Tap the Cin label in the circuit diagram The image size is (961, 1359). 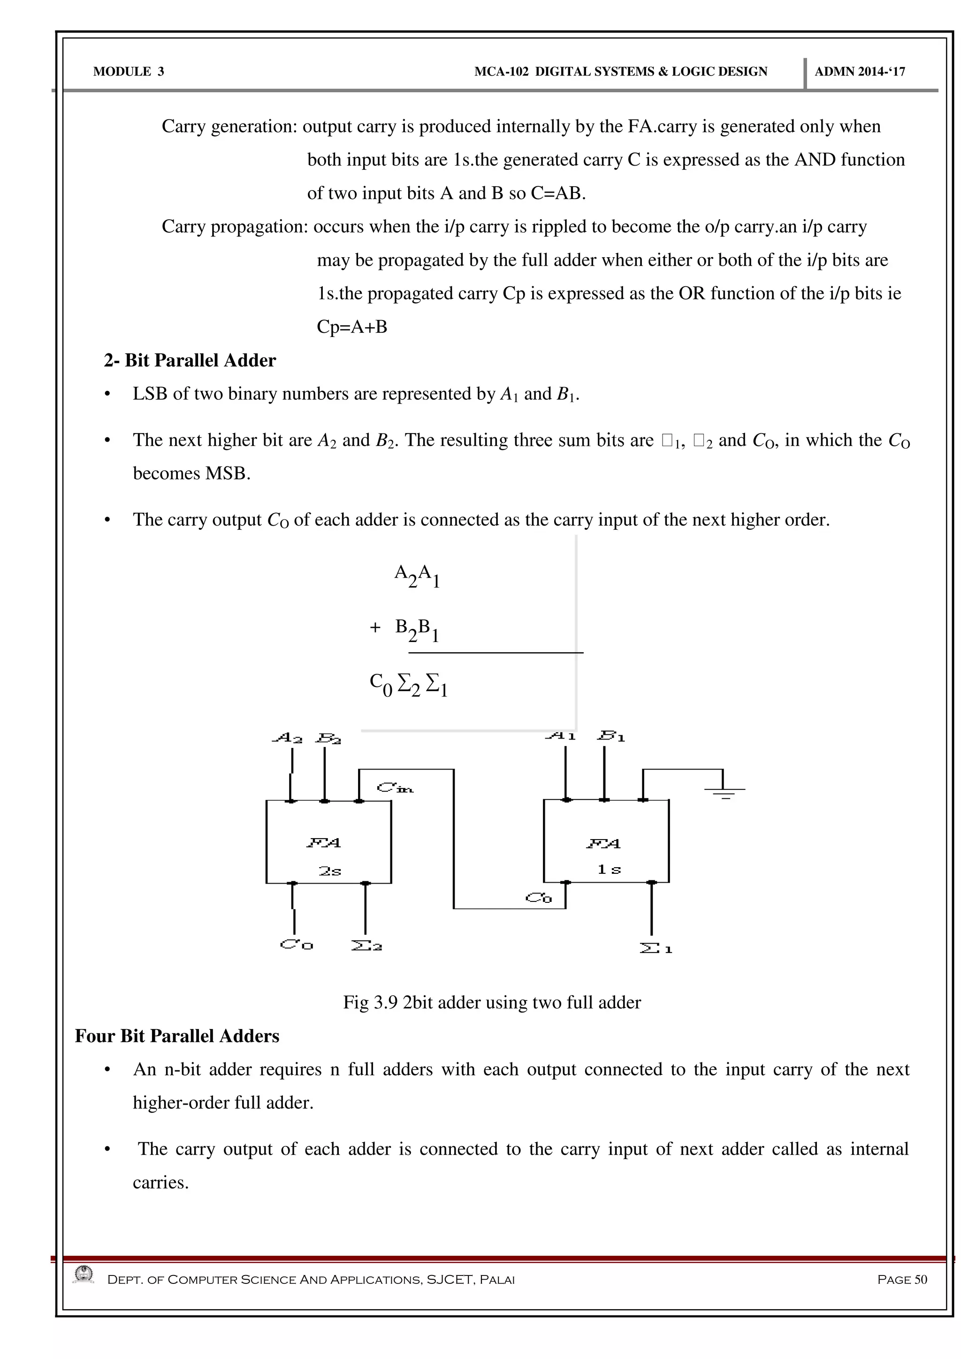click(395, 788)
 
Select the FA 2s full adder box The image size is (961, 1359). click(328, 842)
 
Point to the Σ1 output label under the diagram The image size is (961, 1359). click(656, 949)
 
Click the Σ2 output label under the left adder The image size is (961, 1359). click(367, 946)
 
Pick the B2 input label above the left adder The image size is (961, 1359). click(328, 739)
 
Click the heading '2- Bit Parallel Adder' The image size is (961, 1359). click(190, 360)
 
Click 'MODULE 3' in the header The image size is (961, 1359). click(129, 72)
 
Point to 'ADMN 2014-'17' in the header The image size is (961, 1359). click(860, 72)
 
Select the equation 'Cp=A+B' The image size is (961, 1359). click(352, 327)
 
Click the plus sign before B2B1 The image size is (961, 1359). click(374, 627)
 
